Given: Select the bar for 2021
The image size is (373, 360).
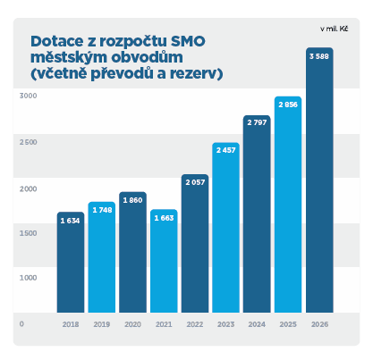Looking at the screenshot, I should (x=164, y=268).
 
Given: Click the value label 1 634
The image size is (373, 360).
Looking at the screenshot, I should (x=71, y=220).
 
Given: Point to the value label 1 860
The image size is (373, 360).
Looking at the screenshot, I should (x=132, y=199).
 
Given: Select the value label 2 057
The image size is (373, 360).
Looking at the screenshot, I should (x=195, y=181).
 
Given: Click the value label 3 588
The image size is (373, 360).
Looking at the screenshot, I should (x=319, y=57).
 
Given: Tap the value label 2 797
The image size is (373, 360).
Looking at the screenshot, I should (x=258, y=122).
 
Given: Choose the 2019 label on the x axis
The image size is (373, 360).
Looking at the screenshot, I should (x=102, y=325).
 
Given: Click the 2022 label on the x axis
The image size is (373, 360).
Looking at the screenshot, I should (x=195, y=325).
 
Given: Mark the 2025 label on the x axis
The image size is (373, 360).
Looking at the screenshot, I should (x=288, y=325).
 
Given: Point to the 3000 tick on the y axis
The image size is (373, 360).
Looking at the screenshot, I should (x=28, y=95).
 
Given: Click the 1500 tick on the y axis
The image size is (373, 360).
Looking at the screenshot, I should (x=28, y=233).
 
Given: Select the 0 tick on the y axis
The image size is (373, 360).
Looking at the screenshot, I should (x=22, y=324).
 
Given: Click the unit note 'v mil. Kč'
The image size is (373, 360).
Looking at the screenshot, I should (x=332, y=29).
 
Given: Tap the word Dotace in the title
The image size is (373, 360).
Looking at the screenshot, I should (x=55, y=40).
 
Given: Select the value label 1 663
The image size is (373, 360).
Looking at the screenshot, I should (x=164, y=217).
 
